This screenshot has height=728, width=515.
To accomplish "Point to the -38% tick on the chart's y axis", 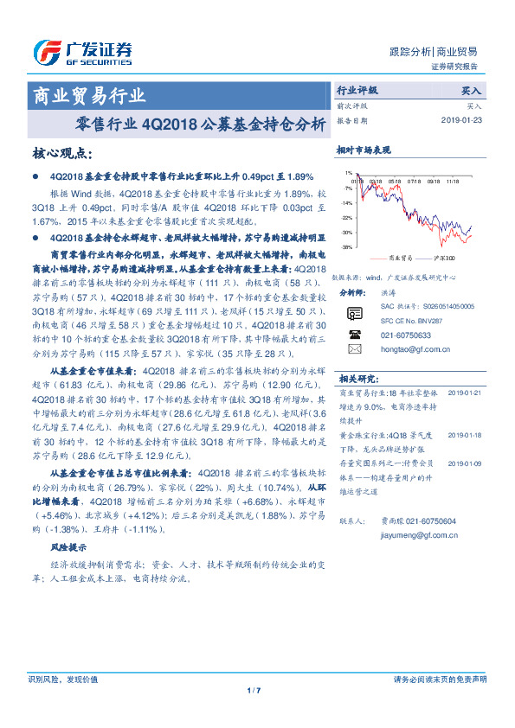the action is pyautogui.click(x=345, y=247).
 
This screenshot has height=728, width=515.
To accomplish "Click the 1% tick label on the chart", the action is pyautogui.click(x=348, y=174).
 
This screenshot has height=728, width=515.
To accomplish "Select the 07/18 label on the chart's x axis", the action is pyautogui.click(x=415, y=182).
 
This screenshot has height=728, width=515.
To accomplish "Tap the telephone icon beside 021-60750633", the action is pyautogui.click(x=353, y=333).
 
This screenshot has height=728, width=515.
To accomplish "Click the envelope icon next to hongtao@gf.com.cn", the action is pyautogui.click(x=353, y=348).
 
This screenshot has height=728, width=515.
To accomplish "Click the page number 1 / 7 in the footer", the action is pyautogui.click(x=254, y=690).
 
